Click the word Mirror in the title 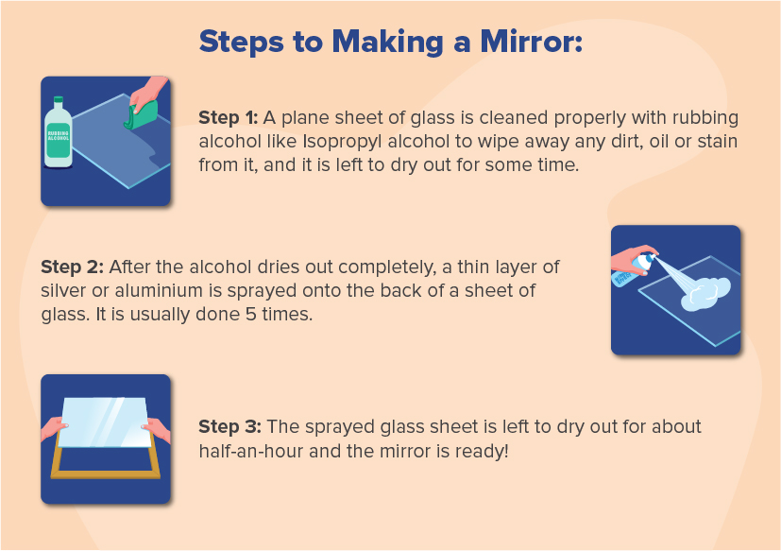510,42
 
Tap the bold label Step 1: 228,117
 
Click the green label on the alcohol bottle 59,141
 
